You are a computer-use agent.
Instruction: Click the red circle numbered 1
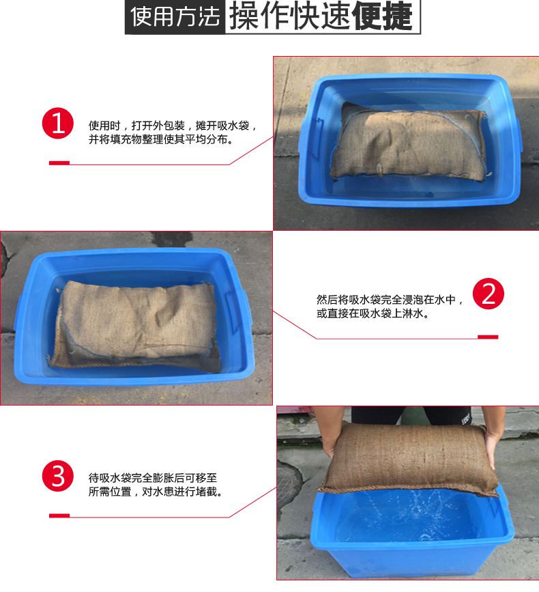[58, 123]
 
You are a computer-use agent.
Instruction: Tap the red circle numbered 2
[489, 294]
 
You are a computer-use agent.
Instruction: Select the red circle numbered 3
[58, 477]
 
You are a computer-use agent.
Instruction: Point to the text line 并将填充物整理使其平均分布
[160, 140]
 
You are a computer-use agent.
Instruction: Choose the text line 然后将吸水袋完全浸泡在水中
[390, 300]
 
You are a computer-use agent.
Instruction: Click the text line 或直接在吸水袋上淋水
[373, 313]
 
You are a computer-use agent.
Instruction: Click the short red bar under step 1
[59, 163]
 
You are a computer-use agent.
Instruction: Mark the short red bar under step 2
[488, 337]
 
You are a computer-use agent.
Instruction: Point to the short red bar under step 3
[59, 516]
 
